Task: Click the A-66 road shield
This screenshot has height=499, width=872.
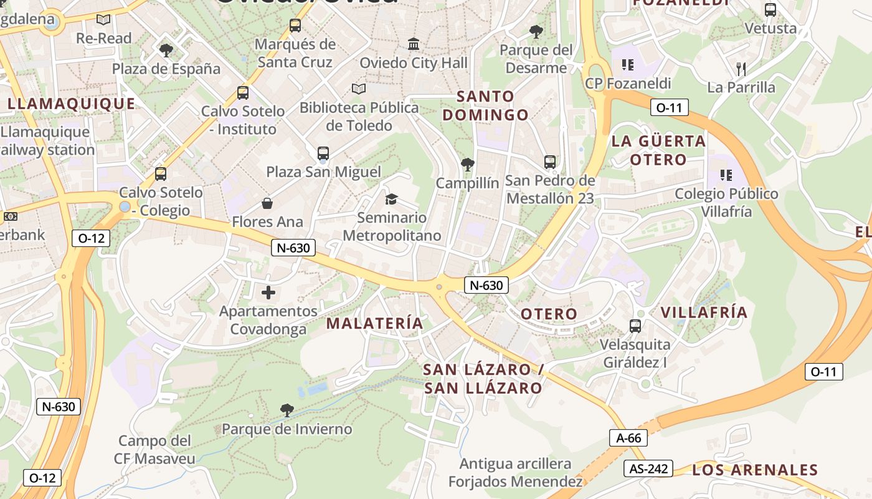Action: (x=628, y=438)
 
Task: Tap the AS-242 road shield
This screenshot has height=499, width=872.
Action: (x=648, y=468)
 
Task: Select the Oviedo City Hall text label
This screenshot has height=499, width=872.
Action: (x=414, y=63)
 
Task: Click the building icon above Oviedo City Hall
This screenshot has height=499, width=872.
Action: (x=414, y=44)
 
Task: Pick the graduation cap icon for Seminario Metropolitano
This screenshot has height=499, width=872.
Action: (x=391, y=199)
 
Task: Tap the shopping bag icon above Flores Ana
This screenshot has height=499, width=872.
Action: (x=267, y=203)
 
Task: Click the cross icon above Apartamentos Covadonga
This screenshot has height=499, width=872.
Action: (x=268, y=292)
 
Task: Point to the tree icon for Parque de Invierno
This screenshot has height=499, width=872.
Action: (x=287, y=410)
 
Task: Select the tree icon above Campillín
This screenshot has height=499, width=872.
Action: (x=467, y=165)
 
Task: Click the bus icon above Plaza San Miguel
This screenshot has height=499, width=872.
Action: (x=323, y=153)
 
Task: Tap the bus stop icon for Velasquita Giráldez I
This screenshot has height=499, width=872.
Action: (x=635, y=326)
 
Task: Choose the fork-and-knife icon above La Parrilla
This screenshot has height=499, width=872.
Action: (x=741, y=68)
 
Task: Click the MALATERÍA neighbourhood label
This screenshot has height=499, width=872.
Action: (x=374, y=323)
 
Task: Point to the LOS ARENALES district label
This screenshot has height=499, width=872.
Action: (x=754, y=470)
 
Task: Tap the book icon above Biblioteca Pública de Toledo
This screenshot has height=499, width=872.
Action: (x=359, y=89)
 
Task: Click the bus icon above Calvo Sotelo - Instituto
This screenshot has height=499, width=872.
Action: (x=243, y=93)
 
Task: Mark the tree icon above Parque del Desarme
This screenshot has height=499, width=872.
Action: (x=536, y=31)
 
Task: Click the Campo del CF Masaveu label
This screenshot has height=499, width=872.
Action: (x=154, y=450)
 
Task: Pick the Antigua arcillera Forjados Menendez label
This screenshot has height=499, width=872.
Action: (x=515, y=473)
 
